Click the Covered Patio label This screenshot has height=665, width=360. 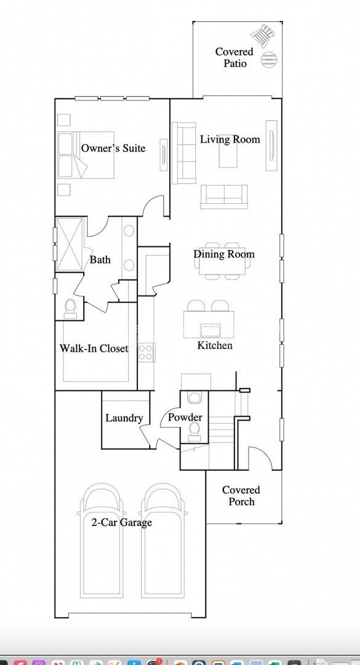tap(234, 57)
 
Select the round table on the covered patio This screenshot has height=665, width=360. tap(269, 59)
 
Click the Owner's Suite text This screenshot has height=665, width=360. tap(113, 148)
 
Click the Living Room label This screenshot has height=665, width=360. tap(230, 139)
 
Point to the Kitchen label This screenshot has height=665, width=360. tap(215, 345)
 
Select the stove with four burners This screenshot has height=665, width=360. tap(146, 352)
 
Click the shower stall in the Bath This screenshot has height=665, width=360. tap(68, 243)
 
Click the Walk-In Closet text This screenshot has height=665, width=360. tap(94, 349)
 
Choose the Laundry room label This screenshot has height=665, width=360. tap(124, 418)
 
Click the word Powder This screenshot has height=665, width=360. tap(185, 417)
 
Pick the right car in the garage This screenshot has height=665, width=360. tap(162, 539)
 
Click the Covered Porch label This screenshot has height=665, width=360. tap(241, 496)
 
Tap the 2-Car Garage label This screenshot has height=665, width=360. tap(121, 523)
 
